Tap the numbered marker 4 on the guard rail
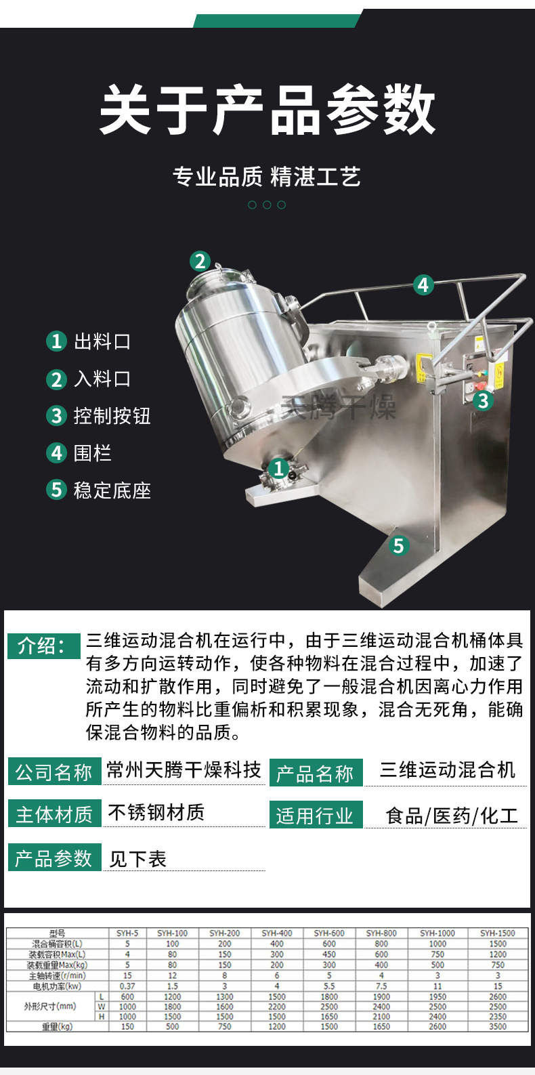pos(423,284)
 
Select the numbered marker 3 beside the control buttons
pos(482,401)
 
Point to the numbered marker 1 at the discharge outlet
pos(278,468)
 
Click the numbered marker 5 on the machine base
pos(398,545)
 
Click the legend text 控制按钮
pos(112,415)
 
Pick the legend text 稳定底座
pos(112,490)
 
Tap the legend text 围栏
pos(92,452)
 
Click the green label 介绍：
pos(43,646)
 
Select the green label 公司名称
pos(53,772)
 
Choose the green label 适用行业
pos(314,816)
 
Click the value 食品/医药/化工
pos(452,816)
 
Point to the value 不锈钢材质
pos(156,812)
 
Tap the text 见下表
pos(137,859)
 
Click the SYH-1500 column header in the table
pos(498,933)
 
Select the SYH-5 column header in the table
pos(127,933)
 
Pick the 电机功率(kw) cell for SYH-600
pos(329,986)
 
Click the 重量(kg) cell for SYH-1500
pos(498,1026)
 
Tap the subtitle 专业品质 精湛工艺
pos(266,177)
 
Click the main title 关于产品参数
pos(267,110)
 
